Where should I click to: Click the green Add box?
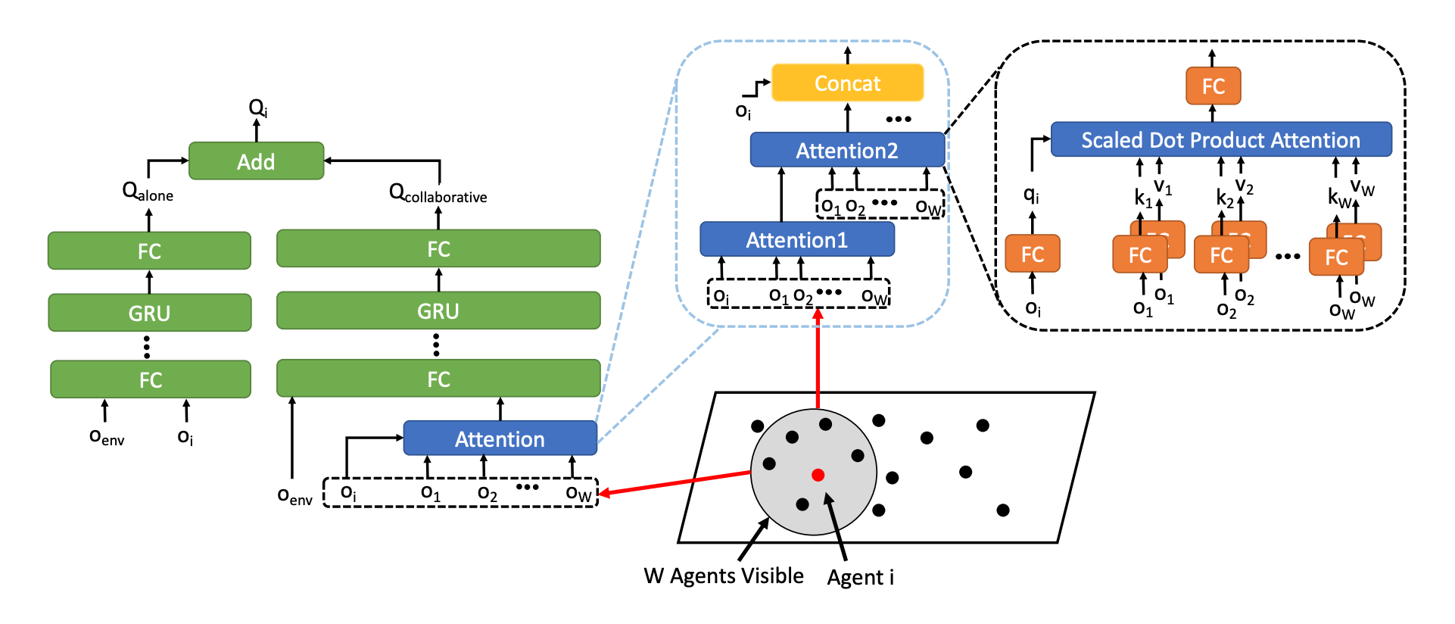[x=256, y=161]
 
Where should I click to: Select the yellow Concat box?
[x=847, y=83]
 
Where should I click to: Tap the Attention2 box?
[x=847, y=151]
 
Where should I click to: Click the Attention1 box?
[x=796, y=240]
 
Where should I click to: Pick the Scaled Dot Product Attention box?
[x=1220, y=140]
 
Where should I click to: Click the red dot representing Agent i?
[x=818, y=475]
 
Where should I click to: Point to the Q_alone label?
[x=148, y=192]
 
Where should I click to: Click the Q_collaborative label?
[x=438, y=193]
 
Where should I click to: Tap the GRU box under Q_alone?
[x=149, y=313]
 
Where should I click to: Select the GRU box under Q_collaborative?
[x=438, y=311]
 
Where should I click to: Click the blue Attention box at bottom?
[x=500, y=439]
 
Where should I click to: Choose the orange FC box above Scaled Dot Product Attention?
[x=1213, y=86]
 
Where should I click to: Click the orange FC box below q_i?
[x=1032, y=254]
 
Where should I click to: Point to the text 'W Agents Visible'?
[x=724, y=576]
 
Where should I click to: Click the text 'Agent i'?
[x=860, y=578]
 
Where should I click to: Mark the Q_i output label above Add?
[x=257, y=108]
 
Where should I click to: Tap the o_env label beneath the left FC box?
[x=107, y=437]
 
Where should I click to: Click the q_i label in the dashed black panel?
[x=1031, y=195]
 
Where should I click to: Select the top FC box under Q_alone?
[x=149, y=251]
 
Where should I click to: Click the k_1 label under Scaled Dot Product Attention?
[x=1142, y=198]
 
